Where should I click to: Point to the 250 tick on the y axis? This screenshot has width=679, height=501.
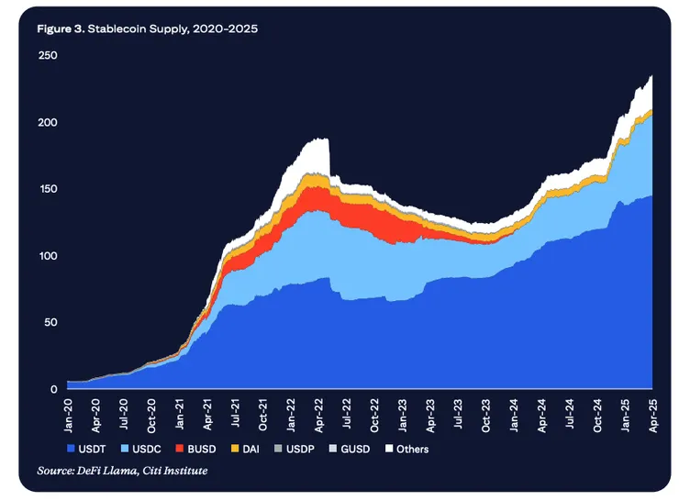click(x=48, y=56)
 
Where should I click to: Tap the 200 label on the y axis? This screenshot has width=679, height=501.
click(x=48, y=123)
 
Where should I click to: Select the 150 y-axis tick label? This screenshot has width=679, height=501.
click(x=48, y=189)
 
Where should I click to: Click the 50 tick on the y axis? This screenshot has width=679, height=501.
click(x=50, y=323)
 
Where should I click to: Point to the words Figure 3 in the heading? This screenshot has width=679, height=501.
click(x=61, y=29)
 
